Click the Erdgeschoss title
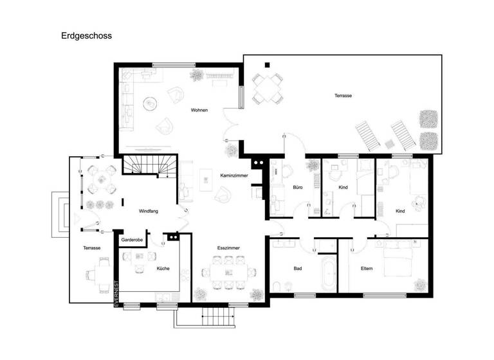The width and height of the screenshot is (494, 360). click(x=87, y=36)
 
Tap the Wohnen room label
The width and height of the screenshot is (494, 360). click(x=199, y=110)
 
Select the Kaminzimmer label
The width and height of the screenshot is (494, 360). click(x=233, y=175)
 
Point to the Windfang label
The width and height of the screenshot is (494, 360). click(x=149, y=211)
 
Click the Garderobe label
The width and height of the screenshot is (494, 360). click(x=132, y=240)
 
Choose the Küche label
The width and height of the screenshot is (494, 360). click(x=163, y=268)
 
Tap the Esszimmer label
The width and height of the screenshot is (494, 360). click(x=228, y=248)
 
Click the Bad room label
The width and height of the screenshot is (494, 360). click(x=298, y=268)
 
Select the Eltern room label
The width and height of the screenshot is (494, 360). click(x=367, y=268)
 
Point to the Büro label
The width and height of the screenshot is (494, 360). click(x=298, y=187)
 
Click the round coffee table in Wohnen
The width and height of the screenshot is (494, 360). click(x=151, y=102)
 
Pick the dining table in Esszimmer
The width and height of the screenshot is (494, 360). click(x=228, y=271)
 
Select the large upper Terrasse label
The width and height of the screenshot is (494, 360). click(x=343, y=96)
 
